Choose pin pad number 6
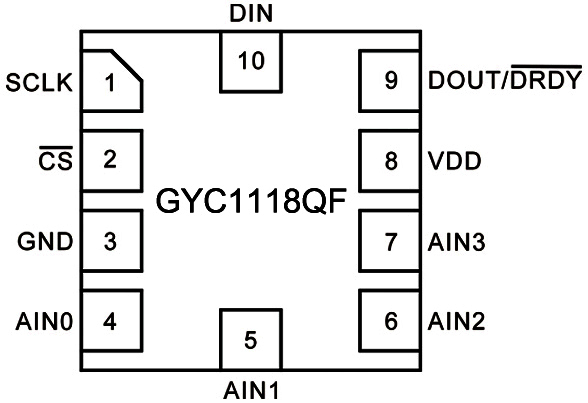pos(389,321)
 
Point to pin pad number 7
pos(389,241)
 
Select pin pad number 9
pos(389,81)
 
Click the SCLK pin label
pos(40,82)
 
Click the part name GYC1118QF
pos(250,202)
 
